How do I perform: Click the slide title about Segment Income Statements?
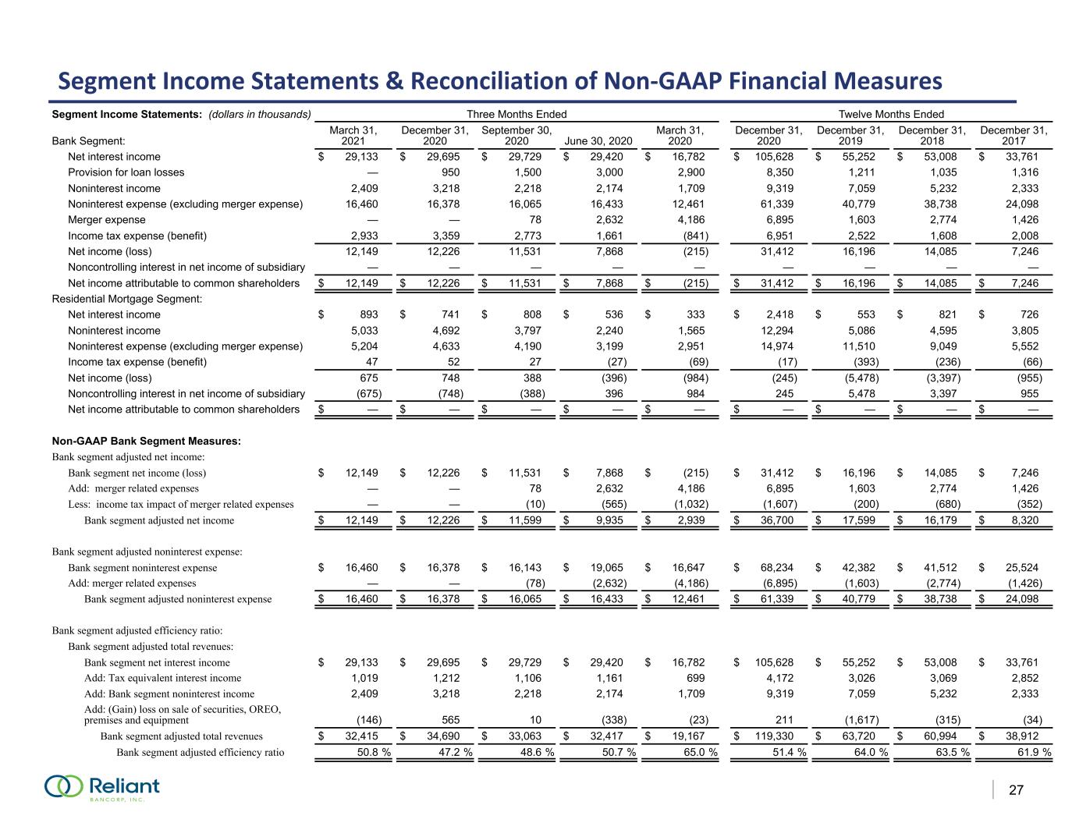[x=501, y=81]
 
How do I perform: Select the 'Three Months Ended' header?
[x=516, y=115]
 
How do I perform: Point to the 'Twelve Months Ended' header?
[x=891, y=115]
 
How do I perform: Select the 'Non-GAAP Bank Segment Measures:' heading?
[x=146, y=442]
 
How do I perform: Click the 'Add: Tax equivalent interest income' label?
[x=162, y=678]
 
